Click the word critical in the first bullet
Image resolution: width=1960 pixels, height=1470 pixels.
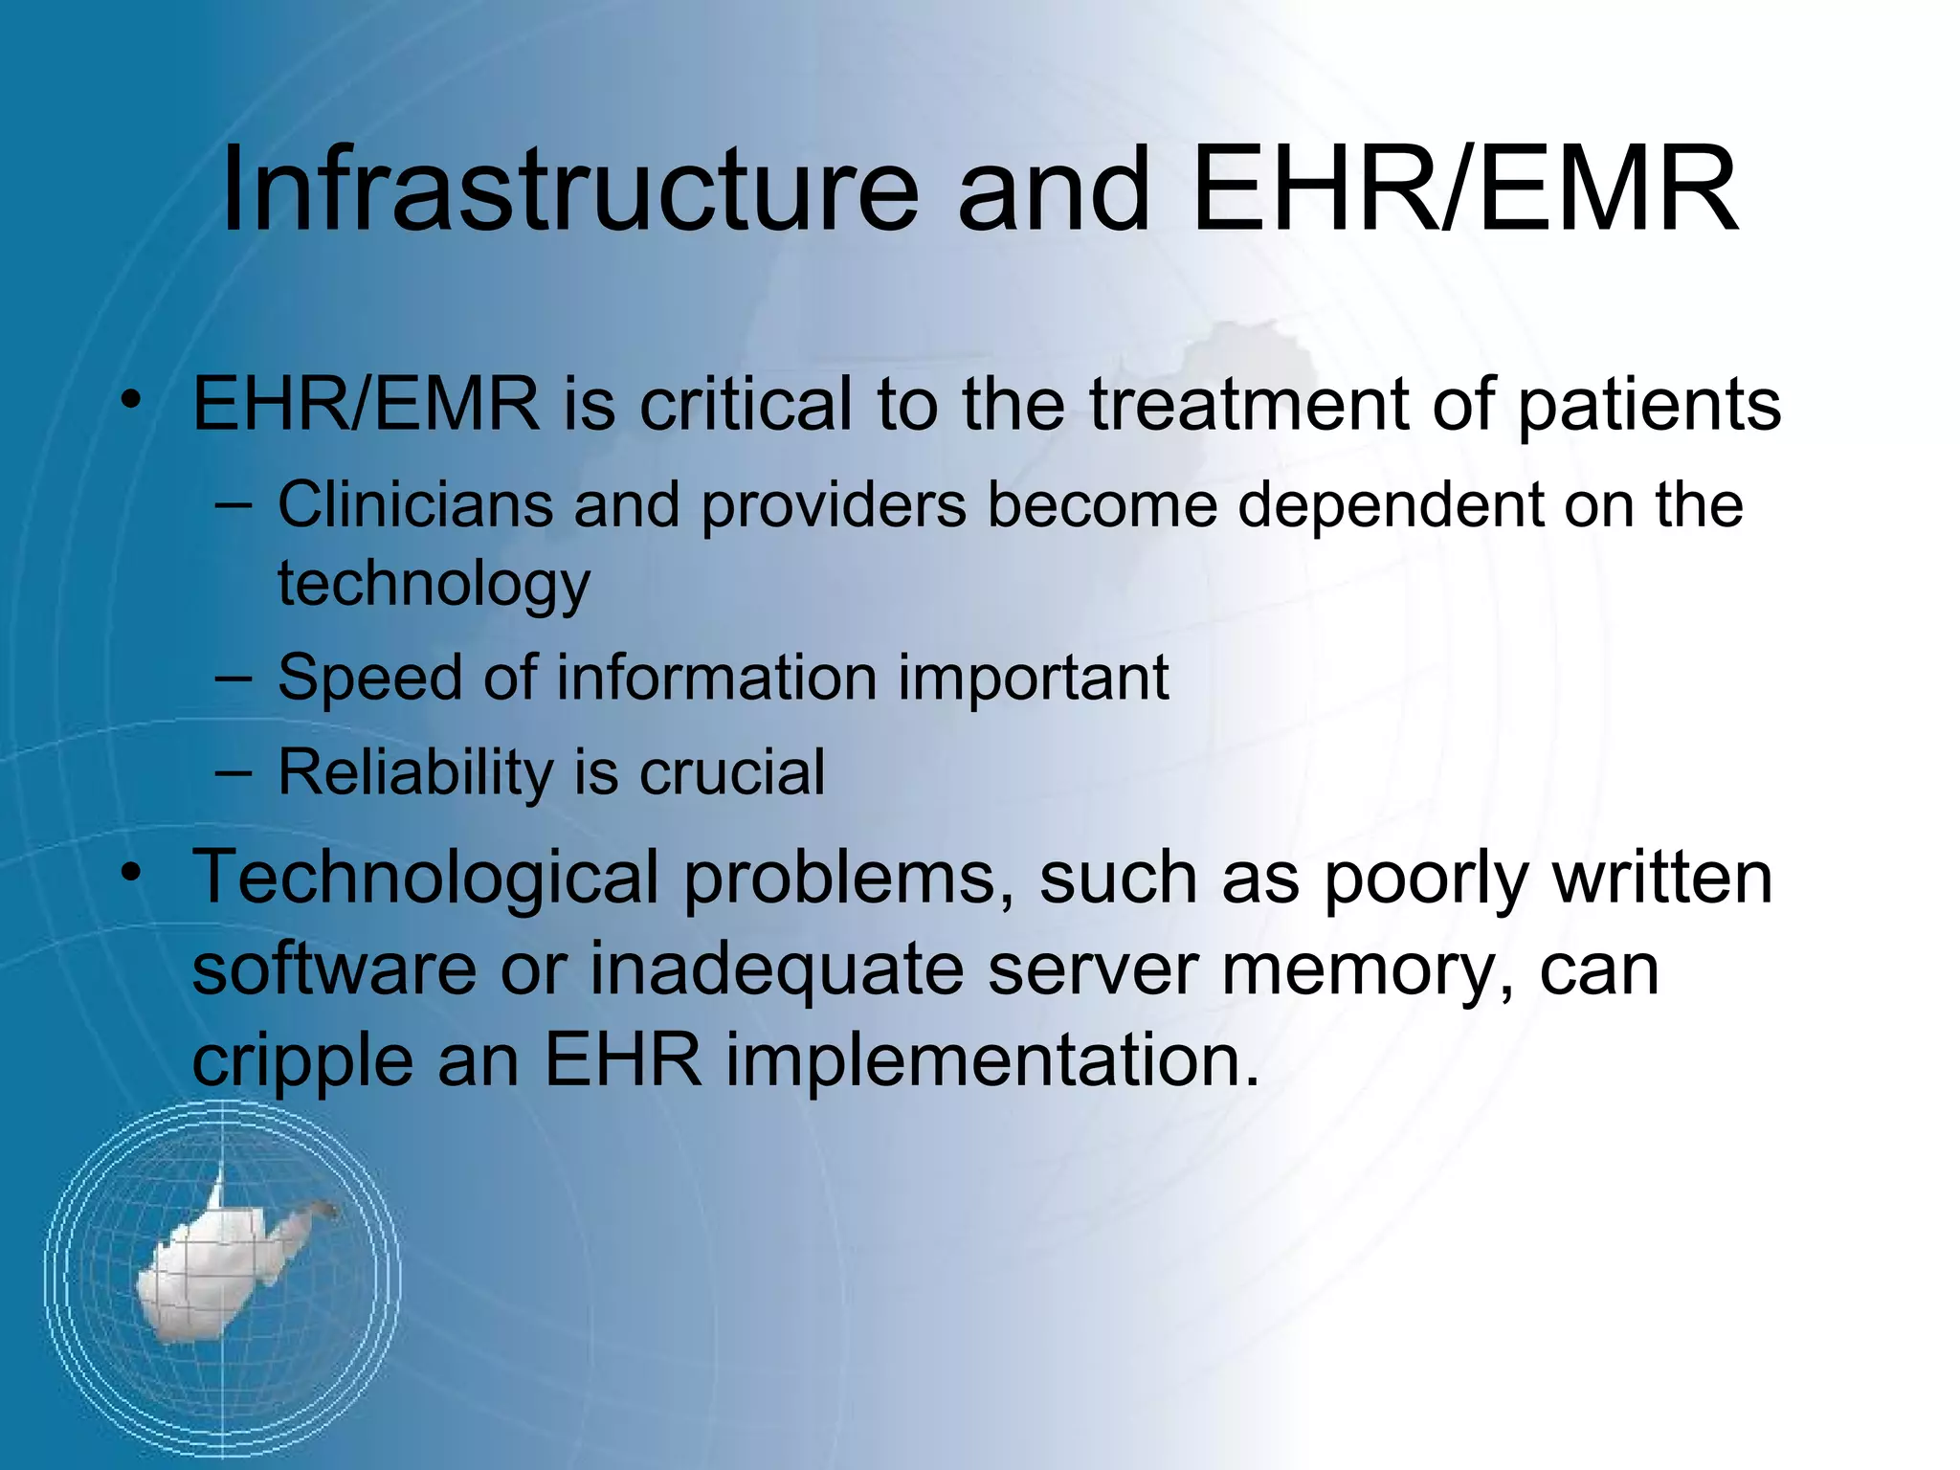[745, 404]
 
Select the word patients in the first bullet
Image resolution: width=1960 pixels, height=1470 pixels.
[1649, 406]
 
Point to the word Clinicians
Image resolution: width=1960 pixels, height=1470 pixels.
[415, 504]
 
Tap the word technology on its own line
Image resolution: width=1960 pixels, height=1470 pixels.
[434, 584]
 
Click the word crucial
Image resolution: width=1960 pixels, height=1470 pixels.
[731, 772]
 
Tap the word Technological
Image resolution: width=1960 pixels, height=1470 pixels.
[425, 879]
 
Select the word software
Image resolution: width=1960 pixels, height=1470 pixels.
[334, 969]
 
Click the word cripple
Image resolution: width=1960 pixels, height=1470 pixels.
[301, 1062]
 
